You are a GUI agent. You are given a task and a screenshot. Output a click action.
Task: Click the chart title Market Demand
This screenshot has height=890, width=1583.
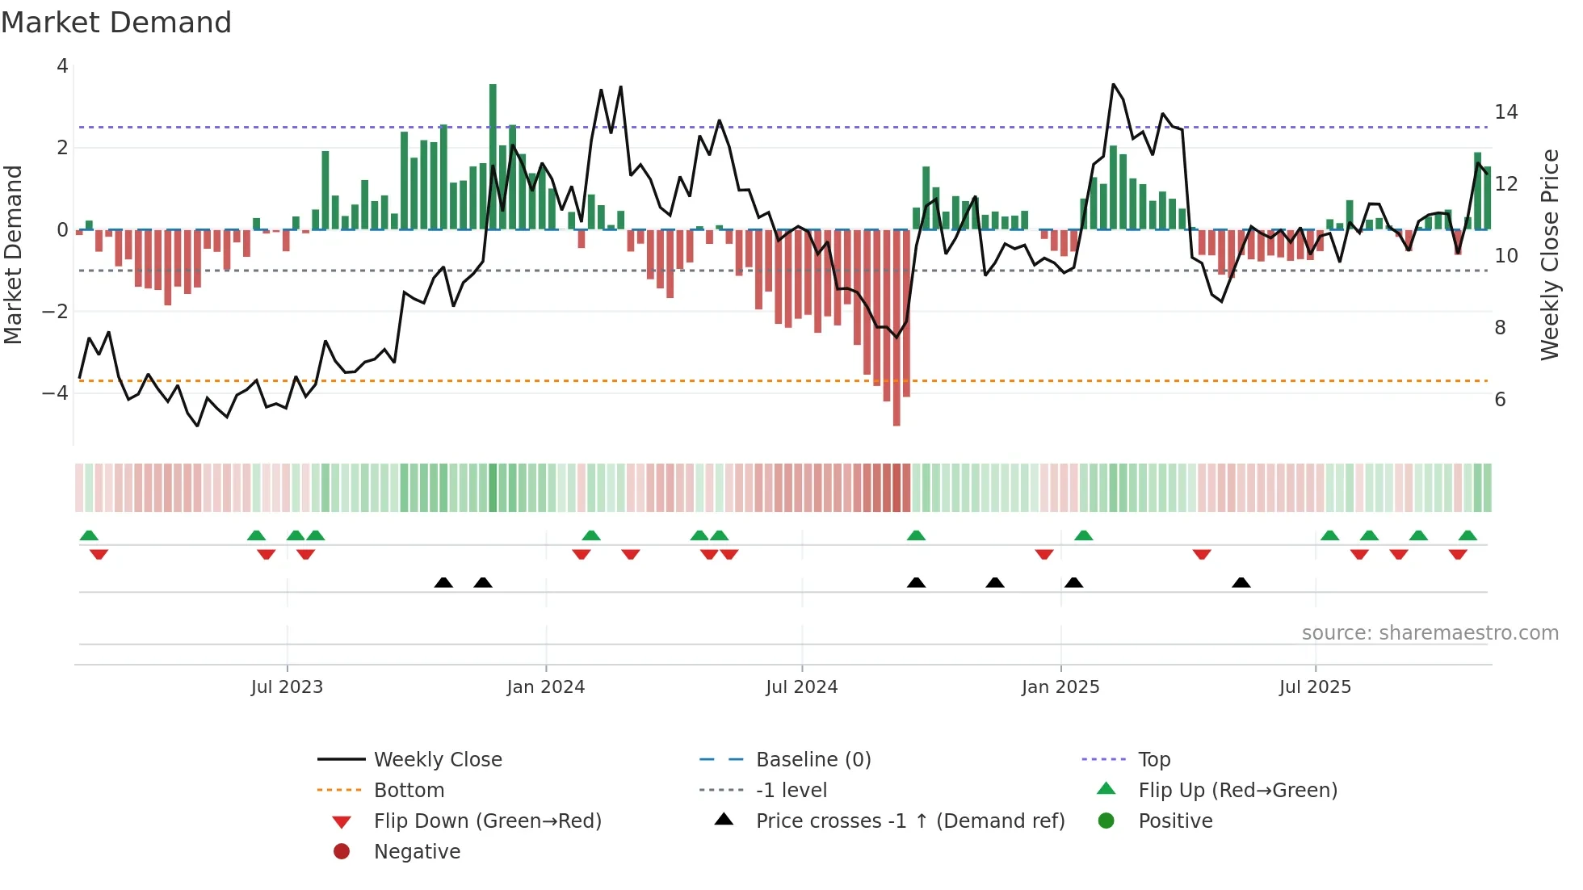(x=116, y=23)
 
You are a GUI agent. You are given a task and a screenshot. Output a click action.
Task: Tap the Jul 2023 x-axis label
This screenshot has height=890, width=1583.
(x=287, y=687)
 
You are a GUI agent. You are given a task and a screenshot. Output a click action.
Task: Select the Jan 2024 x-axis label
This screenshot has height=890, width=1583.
(x=546, y=687)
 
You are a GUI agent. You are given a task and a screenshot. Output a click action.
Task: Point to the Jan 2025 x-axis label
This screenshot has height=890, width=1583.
(x=1060, y=687)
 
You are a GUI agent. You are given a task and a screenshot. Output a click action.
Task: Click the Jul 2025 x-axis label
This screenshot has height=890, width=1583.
(x=1315, y=687)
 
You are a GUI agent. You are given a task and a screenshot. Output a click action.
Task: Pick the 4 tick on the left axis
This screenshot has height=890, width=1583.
(x=62, y=66)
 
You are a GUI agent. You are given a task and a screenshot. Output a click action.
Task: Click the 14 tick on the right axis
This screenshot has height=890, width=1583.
(x=1506, y=112)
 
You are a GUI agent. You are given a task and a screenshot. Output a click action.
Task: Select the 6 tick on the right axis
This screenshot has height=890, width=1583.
(x=1501, y=400)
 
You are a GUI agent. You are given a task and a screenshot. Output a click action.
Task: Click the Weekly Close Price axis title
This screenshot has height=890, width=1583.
(x=1550, y=254)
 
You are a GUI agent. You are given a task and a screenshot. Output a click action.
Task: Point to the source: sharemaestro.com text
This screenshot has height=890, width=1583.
(x=1430, y=633)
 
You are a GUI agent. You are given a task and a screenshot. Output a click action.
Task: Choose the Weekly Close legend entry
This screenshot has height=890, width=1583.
(x=438, y=760)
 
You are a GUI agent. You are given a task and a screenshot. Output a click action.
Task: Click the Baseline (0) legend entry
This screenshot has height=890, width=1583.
(x=813, y=760)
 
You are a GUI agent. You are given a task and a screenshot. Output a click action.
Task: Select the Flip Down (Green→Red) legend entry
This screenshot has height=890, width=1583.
(x=487, y=821)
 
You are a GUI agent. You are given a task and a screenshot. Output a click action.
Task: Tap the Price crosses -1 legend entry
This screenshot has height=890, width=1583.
(x=910, y=821)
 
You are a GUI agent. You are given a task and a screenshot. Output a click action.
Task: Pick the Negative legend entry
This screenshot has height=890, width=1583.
(x=417, y=852)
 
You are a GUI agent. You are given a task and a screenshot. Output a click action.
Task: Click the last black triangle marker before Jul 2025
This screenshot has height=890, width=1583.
(x=1241, y=582)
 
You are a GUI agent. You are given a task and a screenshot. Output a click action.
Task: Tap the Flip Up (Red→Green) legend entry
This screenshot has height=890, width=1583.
(x=1237, y=791)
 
